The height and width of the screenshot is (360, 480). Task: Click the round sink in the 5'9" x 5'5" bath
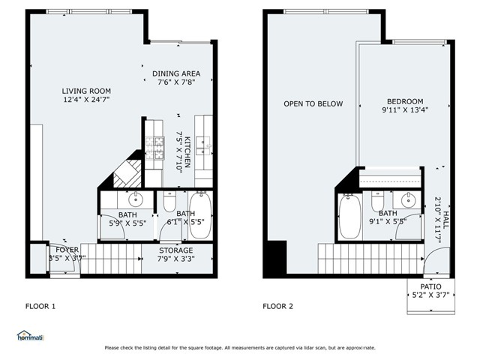pyautogui.click(x=136, y=200)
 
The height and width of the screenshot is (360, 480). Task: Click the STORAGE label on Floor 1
pyautogui.click(x=176, y=250)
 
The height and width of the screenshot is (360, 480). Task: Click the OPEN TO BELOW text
pyautogui.click(x=313, y=104)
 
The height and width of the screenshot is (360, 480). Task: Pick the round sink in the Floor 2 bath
pyautogui.click(x=408, y=200)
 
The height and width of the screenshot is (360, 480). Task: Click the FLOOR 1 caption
pyautogui.click(x=40, y=306)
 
